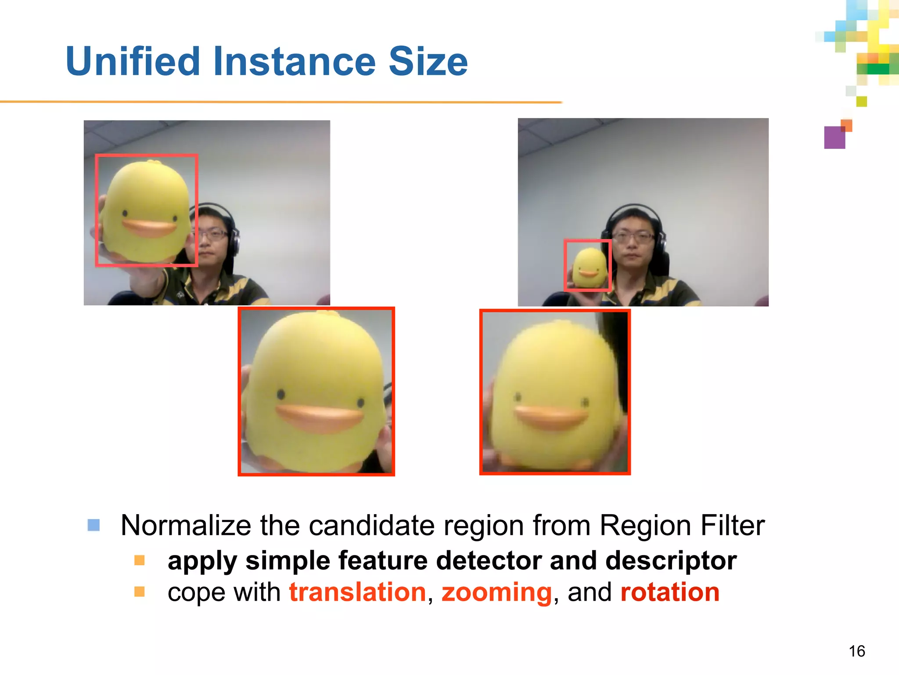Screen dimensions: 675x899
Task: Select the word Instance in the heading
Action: point(295,62)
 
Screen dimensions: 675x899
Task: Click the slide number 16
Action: point(856,651)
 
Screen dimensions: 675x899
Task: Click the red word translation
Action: point(357,592)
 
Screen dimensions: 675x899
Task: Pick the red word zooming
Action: point(496,593)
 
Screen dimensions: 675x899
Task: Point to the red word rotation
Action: point(669,592)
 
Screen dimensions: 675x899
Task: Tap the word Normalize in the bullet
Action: point(186,526)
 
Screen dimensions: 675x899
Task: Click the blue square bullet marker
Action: point(93,525)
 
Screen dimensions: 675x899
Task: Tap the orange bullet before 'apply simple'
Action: point(140,560)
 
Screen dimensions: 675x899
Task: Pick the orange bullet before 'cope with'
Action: point(140,592)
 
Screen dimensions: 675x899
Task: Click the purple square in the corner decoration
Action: point(834,138)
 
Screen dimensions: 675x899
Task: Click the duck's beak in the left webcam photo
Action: point(149,228)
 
